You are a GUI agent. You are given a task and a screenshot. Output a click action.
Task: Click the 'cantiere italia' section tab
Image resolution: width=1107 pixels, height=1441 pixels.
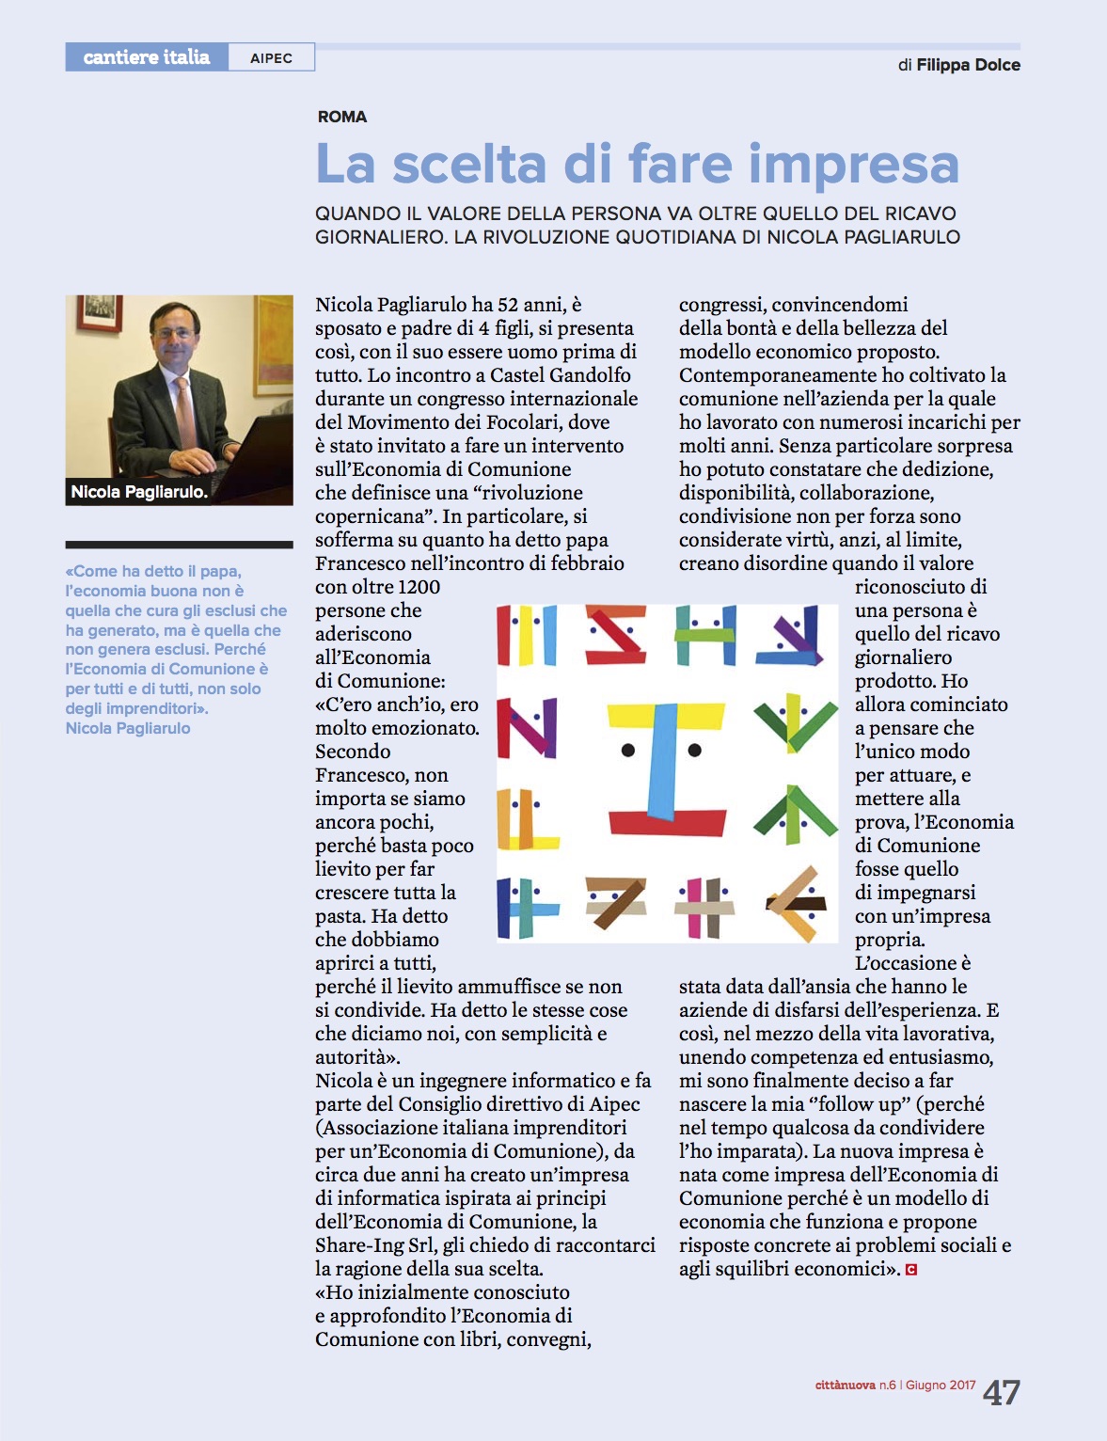click(x=147, y=57)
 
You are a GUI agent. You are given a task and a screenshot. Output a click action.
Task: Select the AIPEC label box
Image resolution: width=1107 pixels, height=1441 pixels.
click(x=271, y=58)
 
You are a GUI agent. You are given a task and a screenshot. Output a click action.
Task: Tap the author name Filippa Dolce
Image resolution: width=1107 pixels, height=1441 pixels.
click(x=968, y=65)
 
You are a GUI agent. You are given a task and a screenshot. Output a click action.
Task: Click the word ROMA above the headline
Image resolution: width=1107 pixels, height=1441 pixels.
click(x=342, y=117)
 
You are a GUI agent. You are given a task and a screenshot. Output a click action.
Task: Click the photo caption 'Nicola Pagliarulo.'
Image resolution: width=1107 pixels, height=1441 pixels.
click(x=139, y=492)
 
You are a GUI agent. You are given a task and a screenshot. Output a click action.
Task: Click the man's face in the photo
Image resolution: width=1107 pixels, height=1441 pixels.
click(x=176, y=334)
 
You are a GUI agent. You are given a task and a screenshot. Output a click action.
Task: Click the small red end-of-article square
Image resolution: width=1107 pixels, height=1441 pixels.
click(x=910, y=1270)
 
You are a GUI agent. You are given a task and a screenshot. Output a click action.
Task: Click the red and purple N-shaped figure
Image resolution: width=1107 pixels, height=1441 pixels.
click(x=527, y=726)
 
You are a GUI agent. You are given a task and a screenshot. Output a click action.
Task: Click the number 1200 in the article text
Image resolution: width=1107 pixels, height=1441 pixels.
click(x=419, y=587)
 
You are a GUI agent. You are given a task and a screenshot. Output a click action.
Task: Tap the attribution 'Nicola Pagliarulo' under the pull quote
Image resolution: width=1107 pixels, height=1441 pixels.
click(x=128, y=728)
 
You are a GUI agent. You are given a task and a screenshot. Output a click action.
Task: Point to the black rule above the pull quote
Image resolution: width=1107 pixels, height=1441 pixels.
click(x=179, y=545)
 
